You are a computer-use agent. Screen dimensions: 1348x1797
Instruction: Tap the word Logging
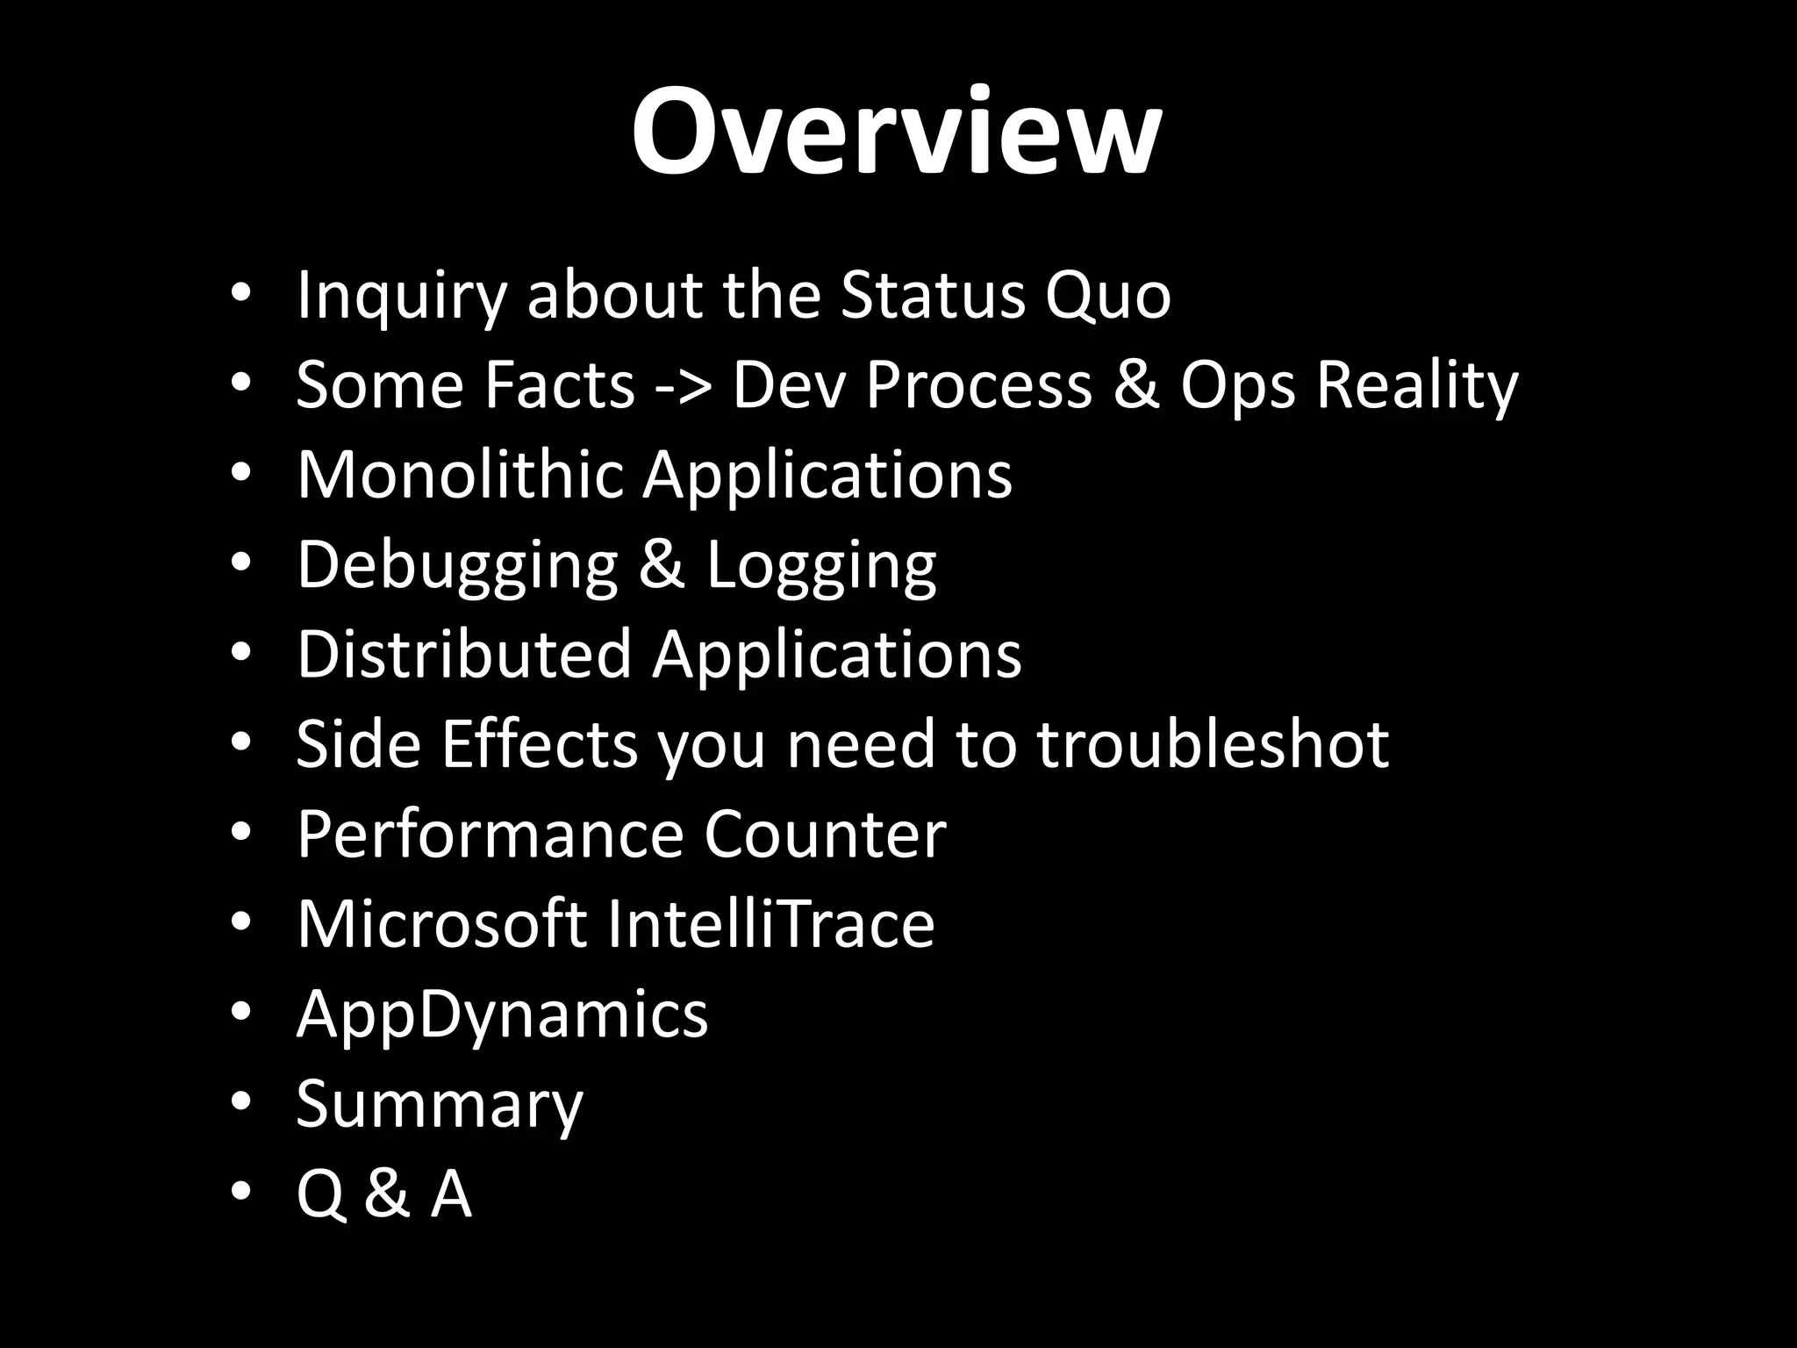[821, 565]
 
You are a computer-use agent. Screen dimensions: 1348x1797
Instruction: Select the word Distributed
[464, 655]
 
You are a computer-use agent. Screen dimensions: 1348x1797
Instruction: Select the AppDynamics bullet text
[502, 1015]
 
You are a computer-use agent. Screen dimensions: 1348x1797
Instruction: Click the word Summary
[439, 1105]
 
